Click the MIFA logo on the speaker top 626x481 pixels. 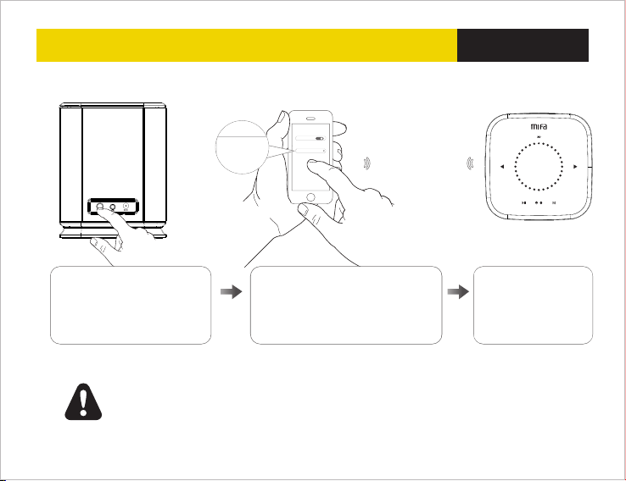coord(540,127)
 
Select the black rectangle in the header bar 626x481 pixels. coord(523,45)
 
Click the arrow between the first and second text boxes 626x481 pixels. coord(230,290)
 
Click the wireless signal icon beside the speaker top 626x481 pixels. coord(469,162)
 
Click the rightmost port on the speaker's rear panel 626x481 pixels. coord(127,205)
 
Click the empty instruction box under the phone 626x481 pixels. coord(346,305)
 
